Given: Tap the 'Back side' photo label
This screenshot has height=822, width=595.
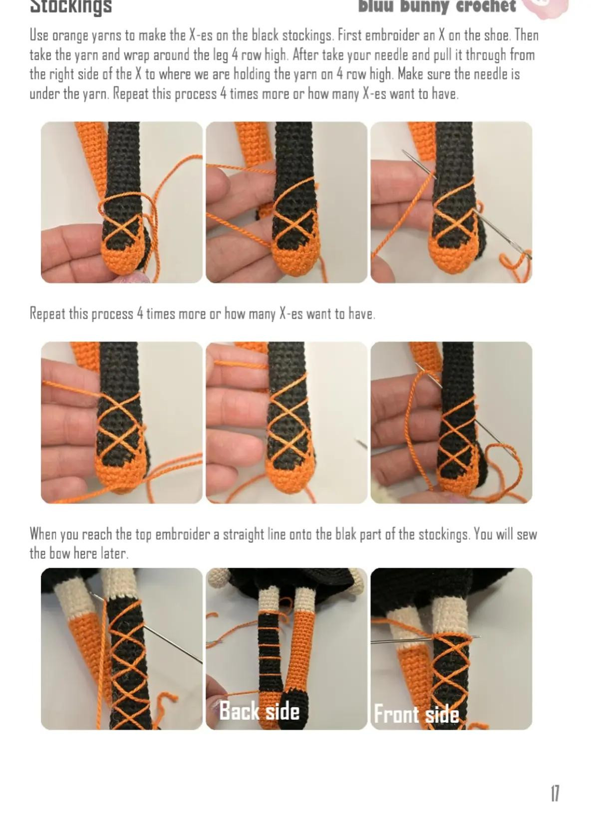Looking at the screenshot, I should pyautogui.click(x=259, y=711).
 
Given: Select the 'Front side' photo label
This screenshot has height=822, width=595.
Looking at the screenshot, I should pyautogui.click(x=416, y=714).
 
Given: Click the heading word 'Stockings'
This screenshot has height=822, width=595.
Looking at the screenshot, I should pyautogui.click(x=71, y=6).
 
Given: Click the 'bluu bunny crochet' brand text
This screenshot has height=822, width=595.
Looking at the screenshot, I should pyautogui.click(x=437, y=6).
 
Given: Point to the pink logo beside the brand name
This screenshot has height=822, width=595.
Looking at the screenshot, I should pyautogui.click(x=547, y=6).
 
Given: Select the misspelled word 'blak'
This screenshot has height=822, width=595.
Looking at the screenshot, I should pyautogui.click(x=345, y=534).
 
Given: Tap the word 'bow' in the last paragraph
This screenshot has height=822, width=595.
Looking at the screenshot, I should pyautogui.click(x=59, y=554).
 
